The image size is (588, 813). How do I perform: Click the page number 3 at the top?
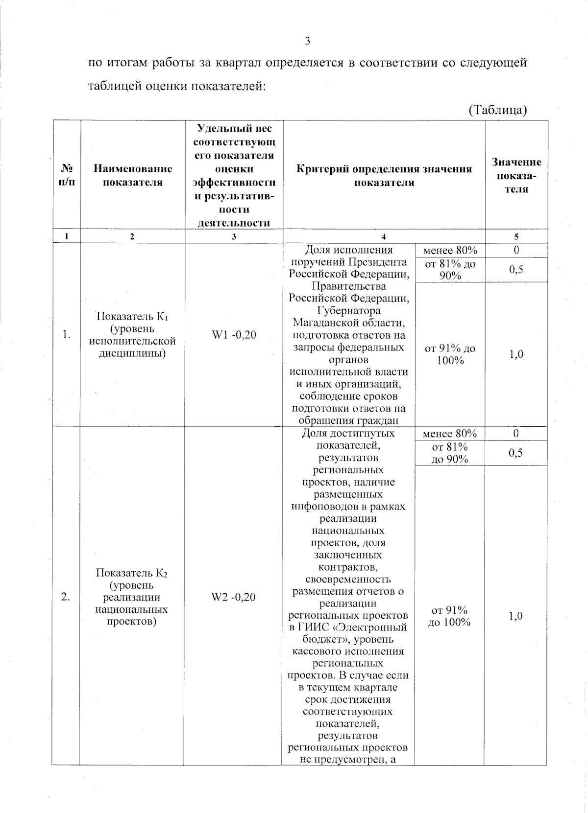coord(308,41)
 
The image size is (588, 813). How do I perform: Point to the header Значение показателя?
coord(516,176)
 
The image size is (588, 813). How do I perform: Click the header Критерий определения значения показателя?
coord(384,176)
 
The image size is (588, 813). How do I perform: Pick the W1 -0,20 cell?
coord(234,335)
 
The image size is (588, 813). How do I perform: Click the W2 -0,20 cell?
coord(233,597)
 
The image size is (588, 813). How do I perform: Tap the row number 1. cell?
coord(67,335)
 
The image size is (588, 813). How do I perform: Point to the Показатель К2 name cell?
coord(132,597)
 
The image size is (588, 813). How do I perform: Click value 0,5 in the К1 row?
coord(516,270)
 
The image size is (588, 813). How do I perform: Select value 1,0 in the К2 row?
coord(515,616)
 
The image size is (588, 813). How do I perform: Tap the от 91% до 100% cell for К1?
coord(450,354)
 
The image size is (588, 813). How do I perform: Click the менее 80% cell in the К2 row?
coord(449,434)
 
